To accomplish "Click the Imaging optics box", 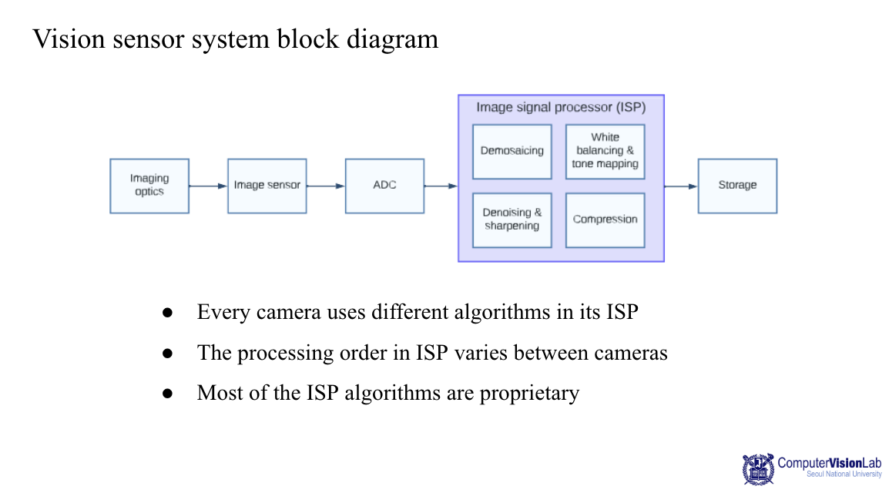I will [149, 186].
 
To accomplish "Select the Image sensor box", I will [267, 186].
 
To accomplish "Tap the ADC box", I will [384, 186].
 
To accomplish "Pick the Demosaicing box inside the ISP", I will [512, 151].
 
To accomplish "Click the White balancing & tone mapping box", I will [605, 151].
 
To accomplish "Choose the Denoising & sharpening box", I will [512, 220].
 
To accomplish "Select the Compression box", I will [605, 220].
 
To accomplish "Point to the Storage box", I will [737, 186].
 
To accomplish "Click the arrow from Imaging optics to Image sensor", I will [208, 186].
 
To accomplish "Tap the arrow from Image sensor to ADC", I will [325, 186].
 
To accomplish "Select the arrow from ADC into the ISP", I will [441, 186].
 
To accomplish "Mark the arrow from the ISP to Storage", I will [681, 186].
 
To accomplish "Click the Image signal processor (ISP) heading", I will [561, 107].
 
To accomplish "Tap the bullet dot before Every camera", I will [167, 313].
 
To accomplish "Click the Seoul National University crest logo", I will [758, 469].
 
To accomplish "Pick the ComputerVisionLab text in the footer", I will [829, 463].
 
